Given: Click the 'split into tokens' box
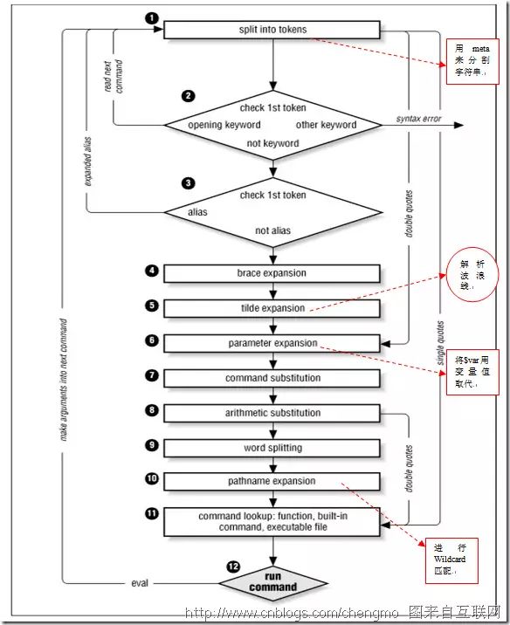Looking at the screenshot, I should click(x=272, y=30).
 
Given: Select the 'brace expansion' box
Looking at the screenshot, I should click(x=272, y=273).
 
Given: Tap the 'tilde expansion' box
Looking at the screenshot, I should click(x=272, y=308).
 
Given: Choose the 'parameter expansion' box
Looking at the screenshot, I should click(x=272, y=343).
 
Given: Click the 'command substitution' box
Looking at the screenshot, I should click(x=272, y=378).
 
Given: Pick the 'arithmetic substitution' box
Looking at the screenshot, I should click(x=272, y=413).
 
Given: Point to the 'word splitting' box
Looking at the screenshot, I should click(x=272, y=447).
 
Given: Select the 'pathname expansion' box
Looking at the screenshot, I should click(x=272, y=481).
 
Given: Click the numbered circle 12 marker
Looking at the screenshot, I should click(x=231, y=567).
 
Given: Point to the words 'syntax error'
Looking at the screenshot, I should click(x=417, y=117).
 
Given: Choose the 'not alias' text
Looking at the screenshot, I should click(x=273, y=231).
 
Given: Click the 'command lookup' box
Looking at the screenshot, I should click(x=272, y=521).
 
